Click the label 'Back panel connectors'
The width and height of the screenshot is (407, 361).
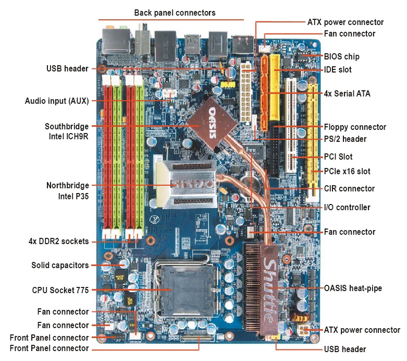click(x=175, y=13)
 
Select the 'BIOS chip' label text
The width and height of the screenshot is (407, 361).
click(x=341, y=56)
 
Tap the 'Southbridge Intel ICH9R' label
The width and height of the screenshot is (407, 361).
click(x=67, y=131)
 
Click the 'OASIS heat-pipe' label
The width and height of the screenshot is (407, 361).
click(x=353, y=287)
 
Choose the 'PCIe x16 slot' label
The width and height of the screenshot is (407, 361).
click(x=347, y=171)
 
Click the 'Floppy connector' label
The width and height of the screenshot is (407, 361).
click(x=355, y=127)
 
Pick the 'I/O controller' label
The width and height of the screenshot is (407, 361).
click(x=347, y=207)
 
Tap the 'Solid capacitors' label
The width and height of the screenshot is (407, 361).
click(x=60, y=265)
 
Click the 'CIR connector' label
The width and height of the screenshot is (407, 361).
click(x=349, y=188)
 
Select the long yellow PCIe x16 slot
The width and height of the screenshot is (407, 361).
click(x=313, y=141)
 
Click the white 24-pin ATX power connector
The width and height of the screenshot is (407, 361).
click(x=245, y=86)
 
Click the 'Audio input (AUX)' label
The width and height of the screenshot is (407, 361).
click(x=57, y=100)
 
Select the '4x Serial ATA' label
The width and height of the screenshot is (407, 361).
click(x=347, y=94)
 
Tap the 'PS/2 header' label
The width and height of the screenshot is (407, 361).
click(x=345, y=139)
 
